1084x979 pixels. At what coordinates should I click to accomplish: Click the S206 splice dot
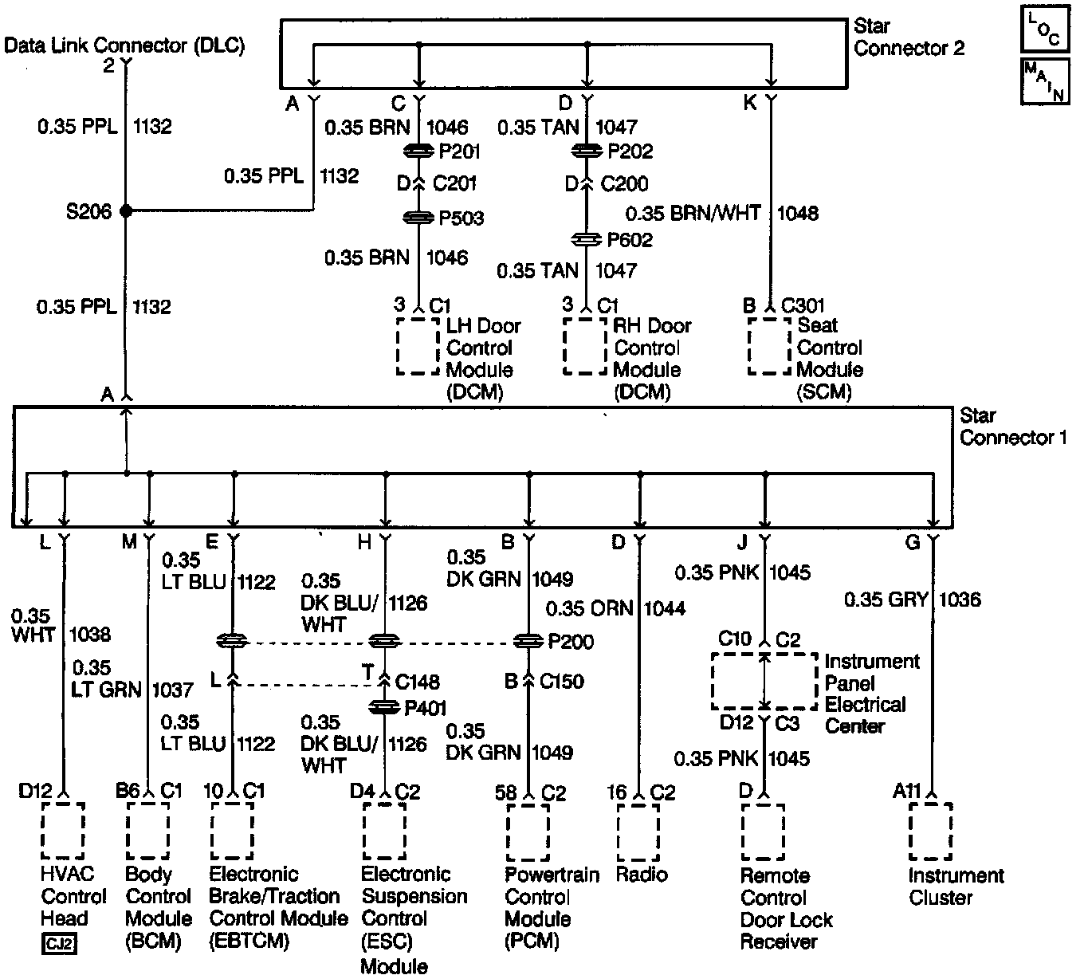click(125, 210)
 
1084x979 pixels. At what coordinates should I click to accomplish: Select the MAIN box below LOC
click(1043, 81)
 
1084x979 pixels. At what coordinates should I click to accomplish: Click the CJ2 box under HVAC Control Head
click(59, 945)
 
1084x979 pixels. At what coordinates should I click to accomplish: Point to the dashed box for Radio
click(638, 832)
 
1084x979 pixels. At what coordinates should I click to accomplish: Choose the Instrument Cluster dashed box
click(930, 832)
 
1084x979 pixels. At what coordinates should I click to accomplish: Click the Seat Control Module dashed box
click(769, 347)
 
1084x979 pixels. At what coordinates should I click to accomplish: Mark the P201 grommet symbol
click(418, 151)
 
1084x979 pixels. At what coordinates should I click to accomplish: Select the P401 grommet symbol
click(386, 707)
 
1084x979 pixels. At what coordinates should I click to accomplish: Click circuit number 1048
click(798, 214)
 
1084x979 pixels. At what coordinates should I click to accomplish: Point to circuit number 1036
click(960, 600)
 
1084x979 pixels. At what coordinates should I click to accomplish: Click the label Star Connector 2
click(909, 37)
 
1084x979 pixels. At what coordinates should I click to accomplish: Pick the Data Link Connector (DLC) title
click(124, 45)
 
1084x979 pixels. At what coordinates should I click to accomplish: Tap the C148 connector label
click(418, 682)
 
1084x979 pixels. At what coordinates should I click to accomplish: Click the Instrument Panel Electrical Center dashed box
click(764, 682)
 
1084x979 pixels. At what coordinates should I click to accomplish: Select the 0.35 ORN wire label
click(589, 609)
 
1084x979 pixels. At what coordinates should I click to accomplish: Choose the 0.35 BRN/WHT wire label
click(693, 214)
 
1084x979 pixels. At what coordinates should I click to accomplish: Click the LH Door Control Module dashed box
click(418, 347)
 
